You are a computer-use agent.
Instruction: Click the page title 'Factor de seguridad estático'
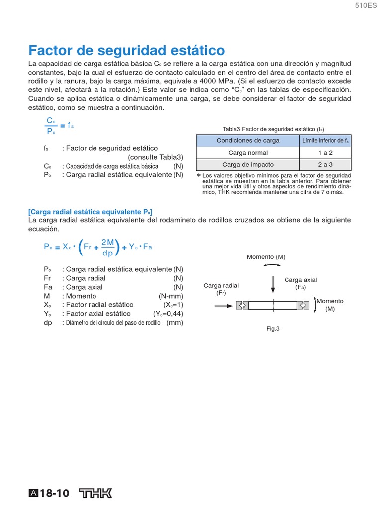126,50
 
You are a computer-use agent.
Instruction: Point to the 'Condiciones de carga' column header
248,141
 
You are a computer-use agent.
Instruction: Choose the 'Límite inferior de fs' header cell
325,141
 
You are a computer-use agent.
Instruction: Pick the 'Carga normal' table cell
248,153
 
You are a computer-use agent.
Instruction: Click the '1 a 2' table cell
325,153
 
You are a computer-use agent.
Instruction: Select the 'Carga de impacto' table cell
248,165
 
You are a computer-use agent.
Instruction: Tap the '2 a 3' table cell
325,165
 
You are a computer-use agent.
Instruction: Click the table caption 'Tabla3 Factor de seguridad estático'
274,128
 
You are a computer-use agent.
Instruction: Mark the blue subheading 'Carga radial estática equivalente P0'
90,212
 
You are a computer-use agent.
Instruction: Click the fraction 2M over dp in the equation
108,247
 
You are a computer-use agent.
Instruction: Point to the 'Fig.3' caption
273,328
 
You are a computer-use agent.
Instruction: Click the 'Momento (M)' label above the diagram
266,257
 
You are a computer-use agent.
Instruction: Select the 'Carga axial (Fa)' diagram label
300,283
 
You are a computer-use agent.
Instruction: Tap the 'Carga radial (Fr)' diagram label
221,289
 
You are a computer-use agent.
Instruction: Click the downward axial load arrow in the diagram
273,285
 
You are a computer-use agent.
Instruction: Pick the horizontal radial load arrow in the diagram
224,306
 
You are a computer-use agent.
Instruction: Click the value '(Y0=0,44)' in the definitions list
168,314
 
